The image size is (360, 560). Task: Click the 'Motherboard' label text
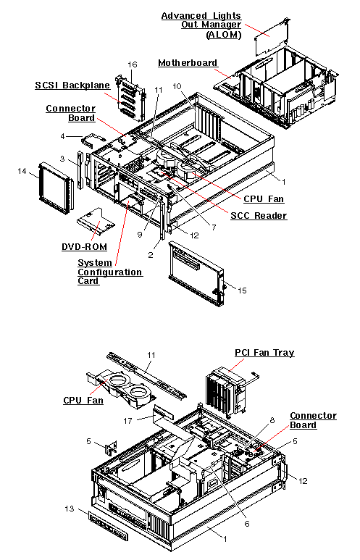coord(188,63)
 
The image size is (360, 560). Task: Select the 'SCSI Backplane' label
coord(72,85)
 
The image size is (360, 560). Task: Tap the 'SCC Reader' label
coord(259,216)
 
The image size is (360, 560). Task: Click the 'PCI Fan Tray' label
coord(264,353)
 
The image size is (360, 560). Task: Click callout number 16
coord(133,64)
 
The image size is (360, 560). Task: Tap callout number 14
coord(21,170)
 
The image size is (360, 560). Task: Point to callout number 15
coord(242,291)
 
